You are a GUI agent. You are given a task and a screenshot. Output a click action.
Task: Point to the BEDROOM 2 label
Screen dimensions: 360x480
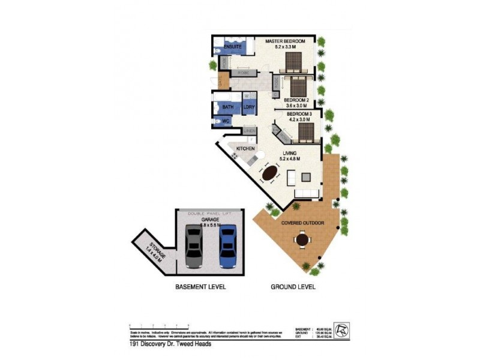click(296, 100)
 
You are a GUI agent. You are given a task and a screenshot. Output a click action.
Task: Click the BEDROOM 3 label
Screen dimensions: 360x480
click(299, 114)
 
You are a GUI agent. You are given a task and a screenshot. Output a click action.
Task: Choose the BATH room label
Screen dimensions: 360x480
click(228, 107)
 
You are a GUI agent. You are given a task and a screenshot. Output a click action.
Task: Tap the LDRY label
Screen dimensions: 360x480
click(249, 107)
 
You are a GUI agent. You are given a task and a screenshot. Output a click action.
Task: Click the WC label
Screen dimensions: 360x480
click(226, 121)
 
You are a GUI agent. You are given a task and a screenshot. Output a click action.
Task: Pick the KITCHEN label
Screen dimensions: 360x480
click(246, 148)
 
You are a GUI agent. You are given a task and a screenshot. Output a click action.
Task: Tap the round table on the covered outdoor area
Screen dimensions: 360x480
click(302, 241)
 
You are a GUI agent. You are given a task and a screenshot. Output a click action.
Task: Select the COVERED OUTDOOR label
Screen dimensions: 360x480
click(303, 223)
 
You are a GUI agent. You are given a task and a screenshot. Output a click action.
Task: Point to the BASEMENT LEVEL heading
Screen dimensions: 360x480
click(200, 287)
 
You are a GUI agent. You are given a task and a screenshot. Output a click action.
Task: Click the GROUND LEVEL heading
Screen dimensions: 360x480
click(293, 287)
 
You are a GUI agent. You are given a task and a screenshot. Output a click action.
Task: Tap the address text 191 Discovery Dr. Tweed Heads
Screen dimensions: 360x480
click(170, 344)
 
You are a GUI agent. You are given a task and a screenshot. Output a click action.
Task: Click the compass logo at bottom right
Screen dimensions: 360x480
click(341, 331)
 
